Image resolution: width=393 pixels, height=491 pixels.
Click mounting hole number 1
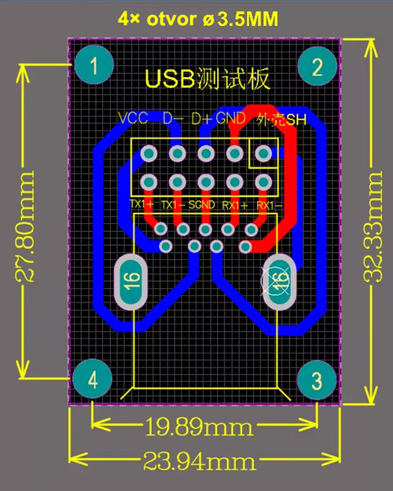tap(94, 65)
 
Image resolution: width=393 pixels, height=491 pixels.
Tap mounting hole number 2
tap(318, 66)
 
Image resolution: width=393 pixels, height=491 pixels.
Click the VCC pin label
tap(134, 119)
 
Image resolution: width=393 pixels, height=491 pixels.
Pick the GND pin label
tap(231, 119)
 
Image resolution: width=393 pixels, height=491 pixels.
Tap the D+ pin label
tap(201, 119)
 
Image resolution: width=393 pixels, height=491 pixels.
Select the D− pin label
tap(173, 119)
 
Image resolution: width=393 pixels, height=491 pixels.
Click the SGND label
tap(203, 204)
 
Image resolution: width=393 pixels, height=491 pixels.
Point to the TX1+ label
tap(141, 204)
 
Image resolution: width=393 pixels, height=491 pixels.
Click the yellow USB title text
tap(208, 79)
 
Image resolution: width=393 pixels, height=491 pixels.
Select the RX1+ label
tap(234, 204)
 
